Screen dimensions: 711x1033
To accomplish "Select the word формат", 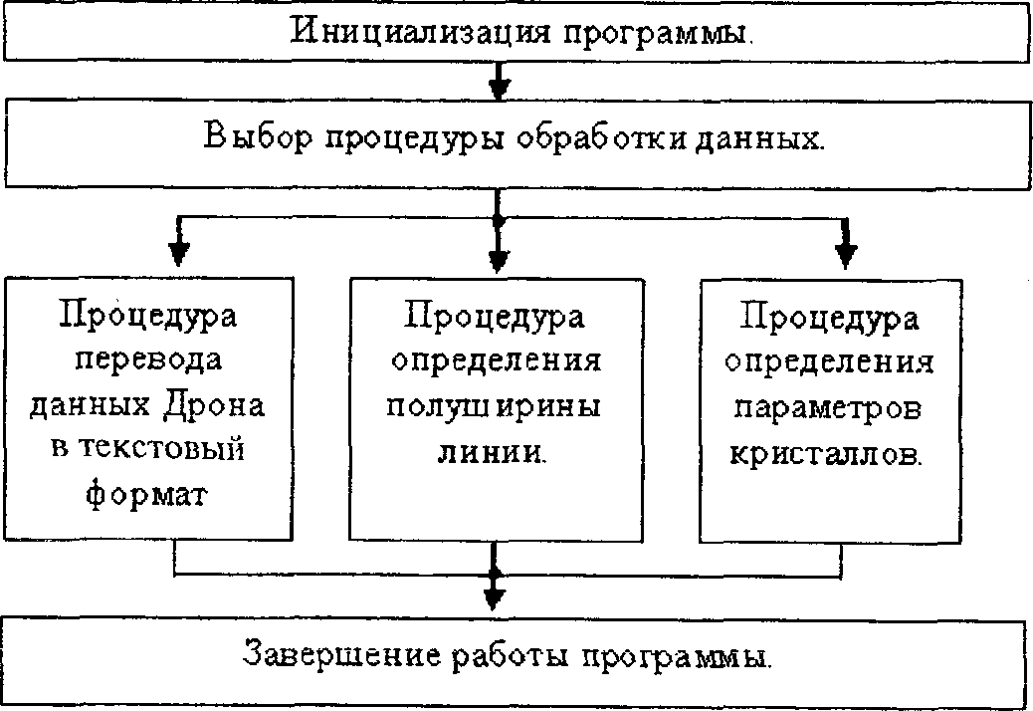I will coord(149,493).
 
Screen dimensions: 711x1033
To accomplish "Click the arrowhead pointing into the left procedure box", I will coord(177,252).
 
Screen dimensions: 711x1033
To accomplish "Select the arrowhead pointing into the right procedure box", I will coord(845,254).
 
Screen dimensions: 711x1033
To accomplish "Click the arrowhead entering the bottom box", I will coord(495,597).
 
